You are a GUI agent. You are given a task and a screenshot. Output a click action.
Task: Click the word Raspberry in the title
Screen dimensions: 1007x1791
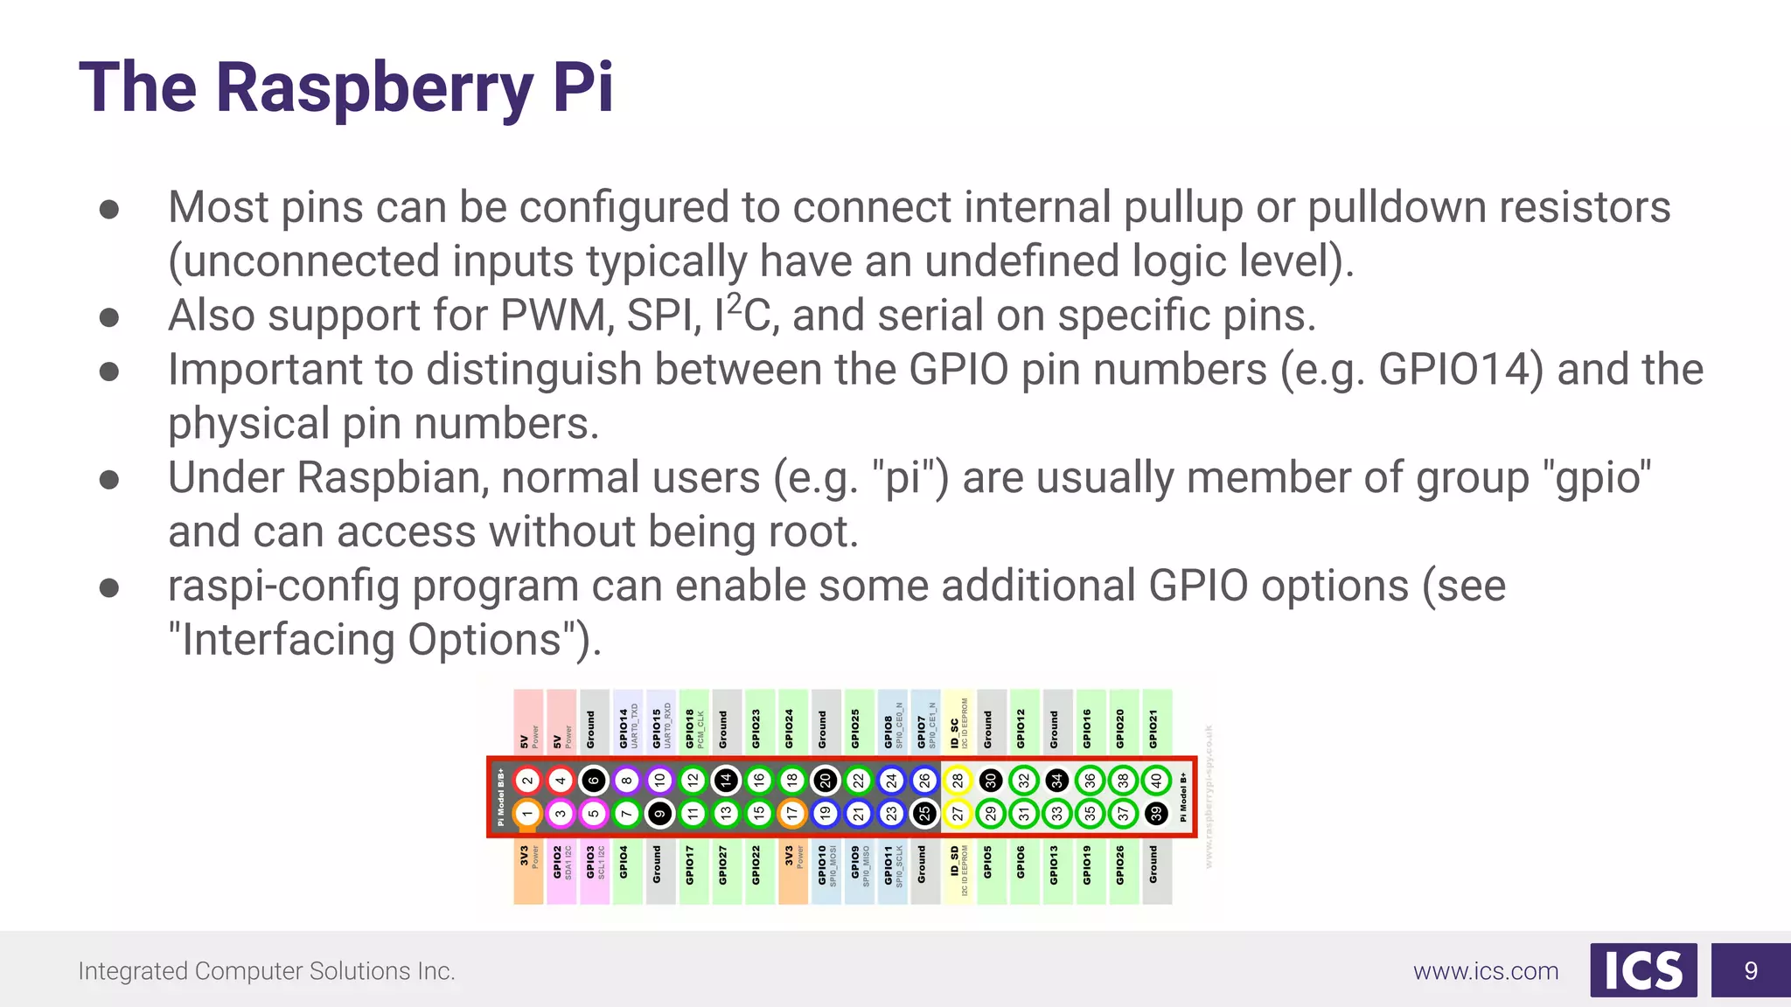click(x=374, y=89)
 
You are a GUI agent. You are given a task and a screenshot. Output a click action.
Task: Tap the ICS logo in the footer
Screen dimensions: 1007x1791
click(x=1643, y=970)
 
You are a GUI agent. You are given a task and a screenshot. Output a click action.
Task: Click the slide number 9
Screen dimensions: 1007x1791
click(x=1751, y=970)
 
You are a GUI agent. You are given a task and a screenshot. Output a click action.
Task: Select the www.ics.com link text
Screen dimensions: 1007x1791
click(x=1486, y=971)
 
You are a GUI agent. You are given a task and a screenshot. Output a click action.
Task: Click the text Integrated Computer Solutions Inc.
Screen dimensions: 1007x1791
click(x=267, y=971)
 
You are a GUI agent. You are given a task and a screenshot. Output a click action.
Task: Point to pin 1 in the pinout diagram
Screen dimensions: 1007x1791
click(x=527, y=814)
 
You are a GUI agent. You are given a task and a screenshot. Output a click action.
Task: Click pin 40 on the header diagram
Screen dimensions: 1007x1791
click(x=1156, y=781)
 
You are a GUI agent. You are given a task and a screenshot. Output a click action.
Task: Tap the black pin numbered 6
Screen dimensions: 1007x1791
click(x=594, y=781)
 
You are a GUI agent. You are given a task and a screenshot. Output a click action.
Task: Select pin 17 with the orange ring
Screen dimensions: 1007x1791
click(x=792, y=814)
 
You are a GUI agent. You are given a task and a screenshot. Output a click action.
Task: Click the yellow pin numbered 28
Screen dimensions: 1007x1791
click(x=958, y=781)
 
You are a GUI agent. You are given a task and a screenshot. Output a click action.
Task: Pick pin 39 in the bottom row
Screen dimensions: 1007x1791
click(x=1156, y=814)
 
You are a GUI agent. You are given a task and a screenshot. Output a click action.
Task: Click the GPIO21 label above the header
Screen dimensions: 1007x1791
click(x=1154, y=729)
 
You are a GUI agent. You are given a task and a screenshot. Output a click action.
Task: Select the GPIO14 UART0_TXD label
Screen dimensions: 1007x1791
click(x=628, y=727)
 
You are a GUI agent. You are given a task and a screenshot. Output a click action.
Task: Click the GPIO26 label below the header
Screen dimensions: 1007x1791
click(x=1121, y=865)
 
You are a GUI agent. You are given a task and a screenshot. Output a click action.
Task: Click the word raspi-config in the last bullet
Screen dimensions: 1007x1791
click(x=283, y=587)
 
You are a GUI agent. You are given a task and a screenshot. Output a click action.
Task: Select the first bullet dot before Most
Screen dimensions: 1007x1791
click(x=109, y=209)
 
